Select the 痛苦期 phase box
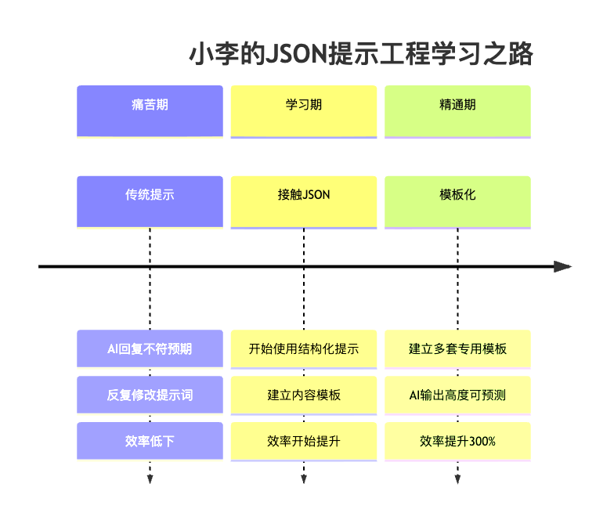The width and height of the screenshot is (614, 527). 150,110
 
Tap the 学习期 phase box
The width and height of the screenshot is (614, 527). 303,110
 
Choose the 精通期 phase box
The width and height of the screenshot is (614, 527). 457,110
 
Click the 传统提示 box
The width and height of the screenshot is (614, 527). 150,201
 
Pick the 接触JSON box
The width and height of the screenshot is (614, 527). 303,201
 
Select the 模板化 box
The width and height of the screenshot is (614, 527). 457,201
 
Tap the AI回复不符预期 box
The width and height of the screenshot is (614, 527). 150,348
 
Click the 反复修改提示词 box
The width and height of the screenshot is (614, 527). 150,395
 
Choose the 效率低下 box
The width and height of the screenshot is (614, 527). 150,441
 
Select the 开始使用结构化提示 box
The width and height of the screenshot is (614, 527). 303,348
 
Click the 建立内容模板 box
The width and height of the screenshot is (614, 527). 303,395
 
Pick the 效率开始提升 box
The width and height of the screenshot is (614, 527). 303,441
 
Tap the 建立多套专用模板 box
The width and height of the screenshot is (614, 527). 457,348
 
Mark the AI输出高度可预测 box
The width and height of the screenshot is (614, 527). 457,395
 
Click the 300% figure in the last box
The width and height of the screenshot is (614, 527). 481,442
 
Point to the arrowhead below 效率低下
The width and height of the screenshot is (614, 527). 150,479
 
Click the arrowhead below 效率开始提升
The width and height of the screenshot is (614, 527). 303,479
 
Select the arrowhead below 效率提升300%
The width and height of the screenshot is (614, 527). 457,479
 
